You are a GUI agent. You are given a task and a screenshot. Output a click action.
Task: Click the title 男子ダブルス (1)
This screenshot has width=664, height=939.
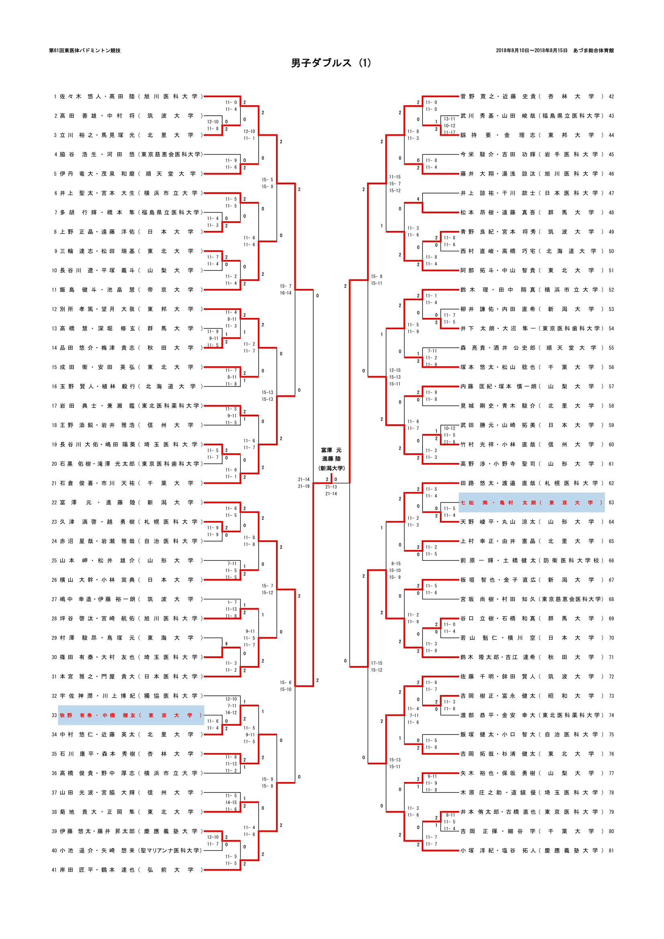331,63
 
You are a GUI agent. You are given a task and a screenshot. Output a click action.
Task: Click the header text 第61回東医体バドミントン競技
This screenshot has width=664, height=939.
85,51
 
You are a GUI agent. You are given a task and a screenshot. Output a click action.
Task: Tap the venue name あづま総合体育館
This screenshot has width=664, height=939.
593,51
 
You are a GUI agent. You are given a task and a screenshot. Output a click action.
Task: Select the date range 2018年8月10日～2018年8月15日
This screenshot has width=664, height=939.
531,51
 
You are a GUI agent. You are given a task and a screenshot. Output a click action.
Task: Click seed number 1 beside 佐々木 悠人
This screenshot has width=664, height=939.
55,96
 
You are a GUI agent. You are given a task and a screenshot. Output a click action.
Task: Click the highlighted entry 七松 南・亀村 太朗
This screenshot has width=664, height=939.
531,503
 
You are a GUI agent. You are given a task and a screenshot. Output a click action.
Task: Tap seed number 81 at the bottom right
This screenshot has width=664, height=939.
611,851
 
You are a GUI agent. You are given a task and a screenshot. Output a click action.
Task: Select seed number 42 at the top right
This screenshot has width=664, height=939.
611,96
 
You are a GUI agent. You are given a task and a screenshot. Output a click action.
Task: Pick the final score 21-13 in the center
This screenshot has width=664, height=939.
331,487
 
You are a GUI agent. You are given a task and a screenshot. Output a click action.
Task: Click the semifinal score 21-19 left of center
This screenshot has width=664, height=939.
304,486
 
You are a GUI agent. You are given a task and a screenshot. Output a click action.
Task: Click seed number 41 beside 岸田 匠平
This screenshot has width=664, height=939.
54,870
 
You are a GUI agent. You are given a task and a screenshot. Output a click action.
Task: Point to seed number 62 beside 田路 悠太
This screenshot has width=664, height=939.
611,483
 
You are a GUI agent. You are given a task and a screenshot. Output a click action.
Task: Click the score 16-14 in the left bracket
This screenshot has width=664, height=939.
286,293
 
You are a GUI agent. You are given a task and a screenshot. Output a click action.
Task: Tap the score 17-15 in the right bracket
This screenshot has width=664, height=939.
376,663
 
